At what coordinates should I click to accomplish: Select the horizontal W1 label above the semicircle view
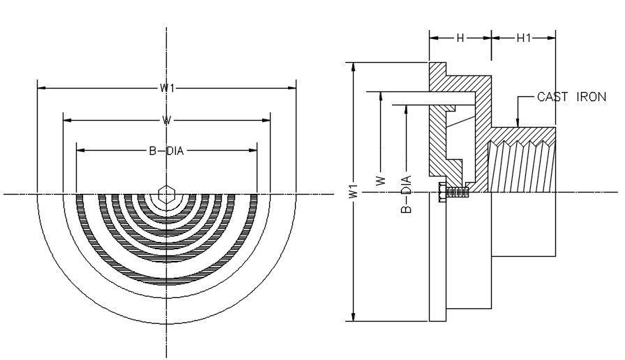coord(166,88)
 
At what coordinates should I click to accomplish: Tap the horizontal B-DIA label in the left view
coord(166,149)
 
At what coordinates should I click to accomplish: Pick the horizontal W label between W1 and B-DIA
coord(166,120)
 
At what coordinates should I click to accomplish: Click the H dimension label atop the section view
coord(460,38)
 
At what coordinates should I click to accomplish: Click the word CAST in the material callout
coord(551,97)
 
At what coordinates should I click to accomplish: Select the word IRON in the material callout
coord(590,97)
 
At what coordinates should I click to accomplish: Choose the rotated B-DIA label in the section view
coord(407,193)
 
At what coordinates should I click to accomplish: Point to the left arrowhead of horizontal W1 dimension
coord(41,88)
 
